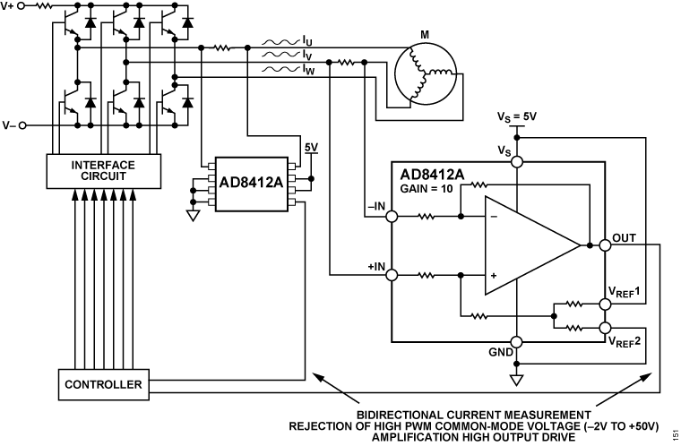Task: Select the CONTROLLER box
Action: (103, 385)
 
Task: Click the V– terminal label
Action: (10, 125)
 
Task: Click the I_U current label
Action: (307, 40)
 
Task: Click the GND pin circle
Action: (516, 342)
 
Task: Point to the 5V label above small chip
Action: (311, 146)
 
